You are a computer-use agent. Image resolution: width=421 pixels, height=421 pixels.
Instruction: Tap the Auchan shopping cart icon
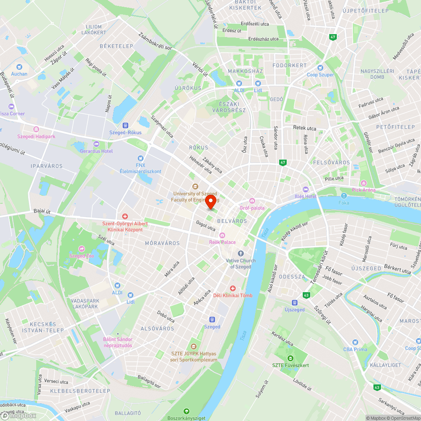[19, 67]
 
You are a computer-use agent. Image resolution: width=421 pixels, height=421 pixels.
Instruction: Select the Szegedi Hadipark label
[36, 136]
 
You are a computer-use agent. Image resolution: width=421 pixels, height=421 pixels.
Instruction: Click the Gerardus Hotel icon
[96, 144]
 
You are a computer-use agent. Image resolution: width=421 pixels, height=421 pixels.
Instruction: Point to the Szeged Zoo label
[82, 256]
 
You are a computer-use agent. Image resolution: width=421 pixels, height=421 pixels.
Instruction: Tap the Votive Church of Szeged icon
[241, 253]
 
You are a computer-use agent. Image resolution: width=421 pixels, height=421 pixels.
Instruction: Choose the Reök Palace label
[222, 242]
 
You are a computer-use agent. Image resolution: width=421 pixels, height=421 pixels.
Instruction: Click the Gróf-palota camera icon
[252, 201]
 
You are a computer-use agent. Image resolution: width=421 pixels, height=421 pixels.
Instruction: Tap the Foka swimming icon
[344, 196]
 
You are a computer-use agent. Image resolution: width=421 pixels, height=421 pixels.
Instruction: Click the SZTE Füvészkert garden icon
[290, 358]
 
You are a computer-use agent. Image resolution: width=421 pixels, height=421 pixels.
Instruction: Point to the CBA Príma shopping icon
[355, 342]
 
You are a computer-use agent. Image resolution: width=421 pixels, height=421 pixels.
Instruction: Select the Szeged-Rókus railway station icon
[125, 125]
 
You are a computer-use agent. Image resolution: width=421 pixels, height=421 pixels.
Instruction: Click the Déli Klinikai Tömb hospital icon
[232, 288]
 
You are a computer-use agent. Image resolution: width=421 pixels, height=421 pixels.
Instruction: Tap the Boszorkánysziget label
[186, 418]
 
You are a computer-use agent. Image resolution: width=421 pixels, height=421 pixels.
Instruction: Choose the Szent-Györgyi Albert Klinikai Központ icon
[125, 216]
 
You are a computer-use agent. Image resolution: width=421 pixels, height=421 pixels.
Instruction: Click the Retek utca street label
[304, 128]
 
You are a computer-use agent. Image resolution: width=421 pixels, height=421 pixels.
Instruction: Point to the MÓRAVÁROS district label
[162, 243]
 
